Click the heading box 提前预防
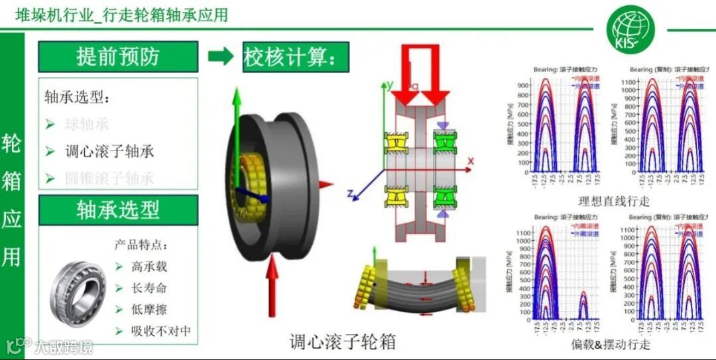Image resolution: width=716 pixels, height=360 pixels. point(118,56)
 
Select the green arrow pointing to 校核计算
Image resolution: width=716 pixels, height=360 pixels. point(221,56)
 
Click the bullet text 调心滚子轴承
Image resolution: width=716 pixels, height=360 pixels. point(109,151)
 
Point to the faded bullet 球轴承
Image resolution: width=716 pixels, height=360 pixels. point(86,124)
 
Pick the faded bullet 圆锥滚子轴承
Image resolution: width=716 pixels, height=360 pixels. point(109,178)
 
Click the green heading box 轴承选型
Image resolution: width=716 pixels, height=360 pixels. point(118,210)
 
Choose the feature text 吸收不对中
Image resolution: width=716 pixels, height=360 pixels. point(160,330)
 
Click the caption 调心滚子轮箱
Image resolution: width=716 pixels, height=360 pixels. point(343,342)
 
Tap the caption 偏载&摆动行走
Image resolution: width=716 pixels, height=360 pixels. point(611,345)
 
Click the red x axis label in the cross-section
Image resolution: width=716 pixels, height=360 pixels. point(471,161)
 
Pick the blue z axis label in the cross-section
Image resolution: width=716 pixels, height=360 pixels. point(349,194)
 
